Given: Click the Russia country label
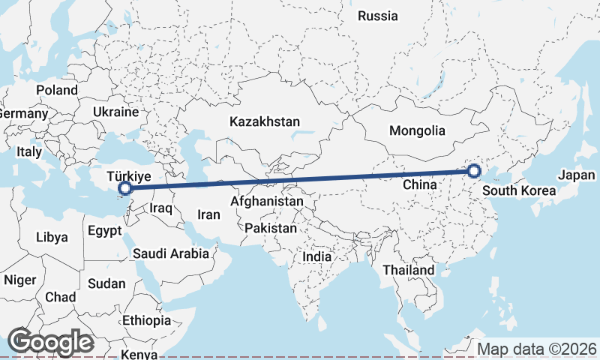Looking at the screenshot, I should (377, 16).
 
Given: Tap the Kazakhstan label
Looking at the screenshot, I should (265, 121).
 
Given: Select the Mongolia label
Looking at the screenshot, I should (417, 130).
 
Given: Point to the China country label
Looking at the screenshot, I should (420, 184).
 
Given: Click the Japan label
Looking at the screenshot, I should (576, 175).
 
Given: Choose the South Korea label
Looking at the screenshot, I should (519, 190).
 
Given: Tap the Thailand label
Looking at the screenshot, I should (408, 270).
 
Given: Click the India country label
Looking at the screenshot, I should (316, 256).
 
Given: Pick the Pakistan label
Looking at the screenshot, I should (271, 228).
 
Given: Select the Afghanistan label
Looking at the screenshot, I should (267, 202).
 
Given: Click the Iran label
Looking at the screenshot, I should (208, 214).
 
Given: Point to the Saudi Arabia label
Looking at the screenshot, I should (171, 253).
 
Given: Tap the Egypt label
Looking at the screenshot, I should (104, 230).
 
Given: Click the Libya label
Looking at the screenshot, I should (52, 237).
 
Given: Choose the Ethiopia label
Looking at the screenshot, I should (147, 320).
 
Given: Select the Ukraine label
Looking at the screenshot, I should (115, 112).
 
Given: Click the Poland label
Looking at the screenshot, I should (56, 90).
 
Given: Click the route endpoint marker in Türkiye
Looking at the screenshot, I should (126, 188).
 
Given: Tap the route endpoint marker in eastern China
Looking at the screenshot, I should (474, 172).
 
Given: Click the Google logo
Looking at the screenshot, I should (50, 342).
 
